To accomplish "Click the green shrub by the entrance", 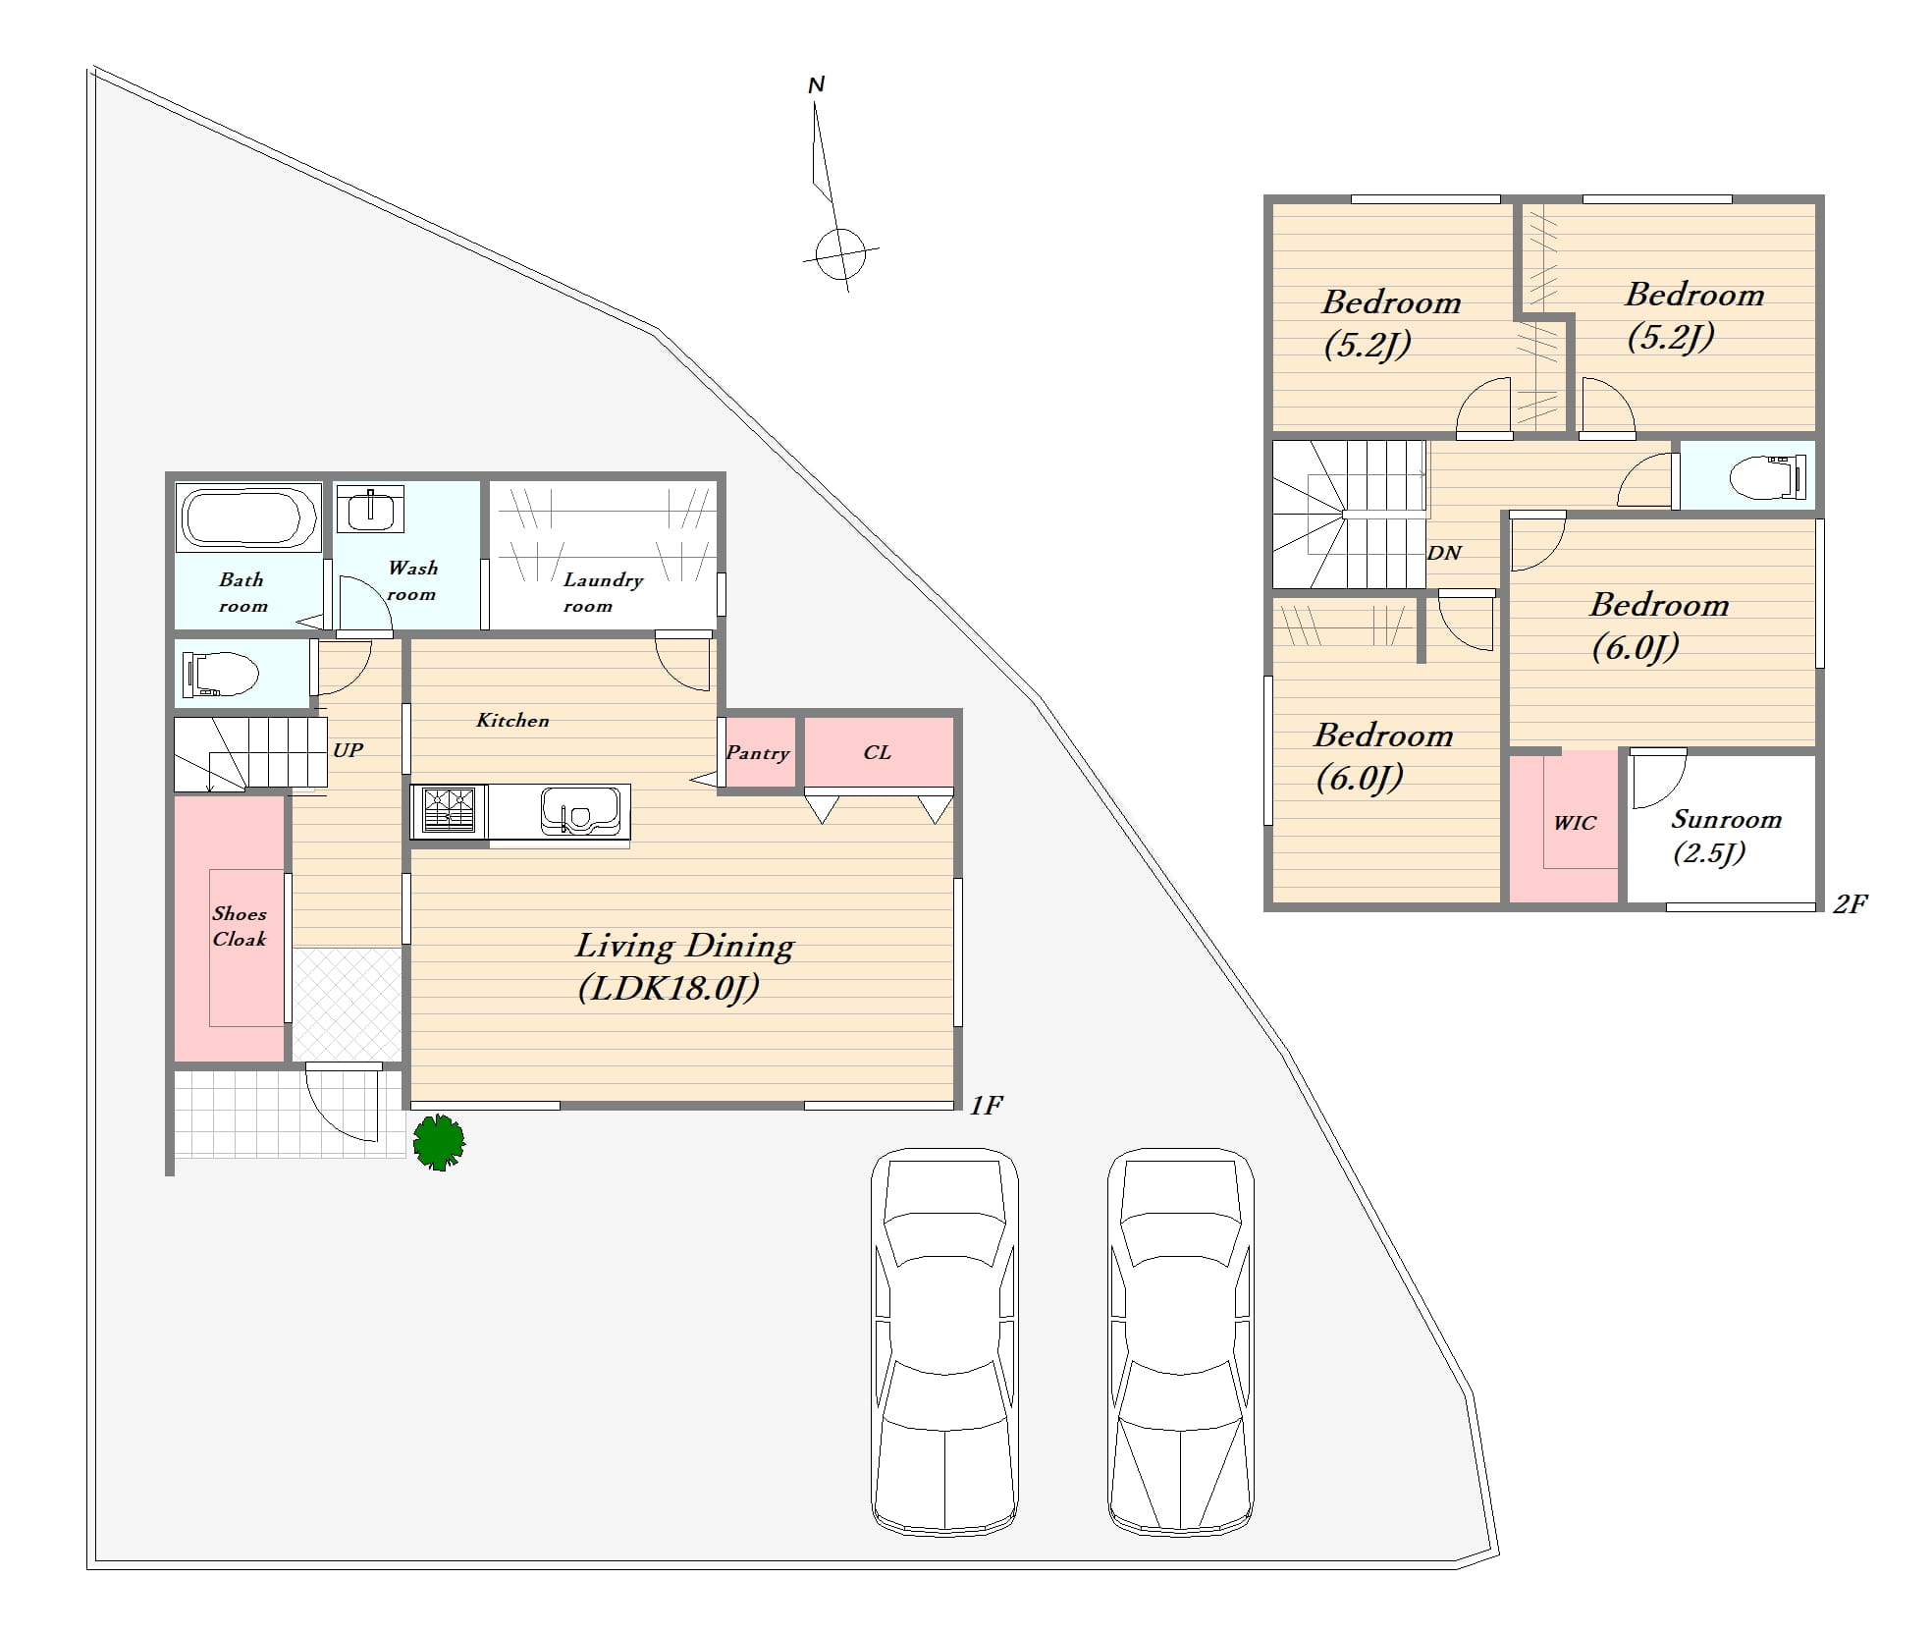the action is tap(439, 1142).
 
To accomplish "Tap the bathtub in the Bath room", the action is tap(248, 516).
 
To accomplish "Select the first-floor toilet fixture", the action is tap(221, 674).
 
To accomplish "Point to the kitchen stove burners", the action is tap(449, 811).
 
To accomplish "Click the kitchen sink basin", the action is tap(580, 811).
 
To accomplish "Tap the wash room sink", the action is tap(371, 510).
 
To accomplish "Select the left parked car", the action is tap(944, 1342).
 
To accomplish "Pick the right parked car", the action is tap(1181, 1342).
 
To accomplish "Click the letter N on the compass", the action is tap(816, 85).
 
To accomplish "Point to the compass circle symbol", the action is tap(841, 254).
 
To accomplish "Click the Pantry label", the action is tap(757, 753).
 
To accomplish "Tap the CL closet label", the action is tap(877, 752).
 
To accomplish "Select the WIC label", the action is tap(1575, 823).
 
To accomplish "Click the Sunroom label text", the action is tap(1726, 819).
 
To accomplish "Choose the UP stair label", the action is tap(348, 750).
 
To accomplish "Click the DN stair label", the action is tap(1444, 553).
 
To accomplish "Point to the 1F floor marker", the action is tap(986, 1106).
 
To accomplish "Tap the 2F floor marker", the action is tap(1850, 903).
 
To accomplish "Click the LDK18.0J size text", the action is tap(669, 988).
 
